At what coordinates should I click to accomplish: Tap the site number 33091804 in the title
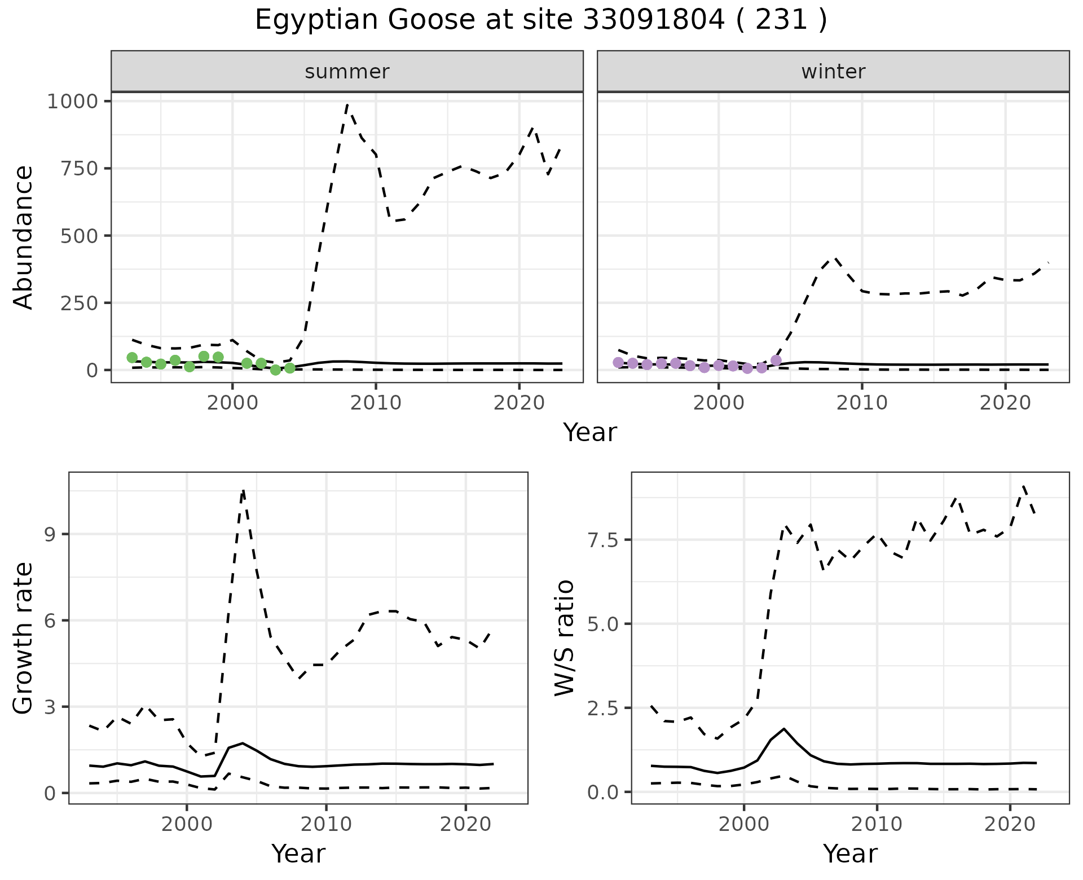click(x=653, y=20)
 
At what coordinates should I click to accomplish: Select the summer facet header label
click(x=347, y=72)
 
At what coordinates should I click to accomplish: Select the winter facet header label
click(x=833, y=72)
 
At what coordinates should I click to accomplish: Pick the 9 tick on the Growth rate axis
click(x=51, y=534)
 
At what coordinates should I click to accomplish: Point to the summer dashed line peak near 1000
click(x=347, y=105)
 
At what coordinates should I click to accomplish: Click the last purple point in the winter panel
click(x=776, y=360)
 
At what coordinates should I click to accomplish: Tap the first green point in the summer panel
click(x=132, y=358)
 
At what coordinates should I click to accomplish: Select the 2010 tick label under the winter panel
click(x=861, y=403)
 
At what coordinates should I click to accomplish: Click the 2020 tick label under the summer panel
click(x=519, y=403)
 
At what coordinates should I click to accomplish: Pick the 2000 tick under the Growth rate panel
click(x=187, y=825)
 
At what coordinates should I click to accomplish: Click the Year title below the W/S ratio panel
click(x=850, y=854)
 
